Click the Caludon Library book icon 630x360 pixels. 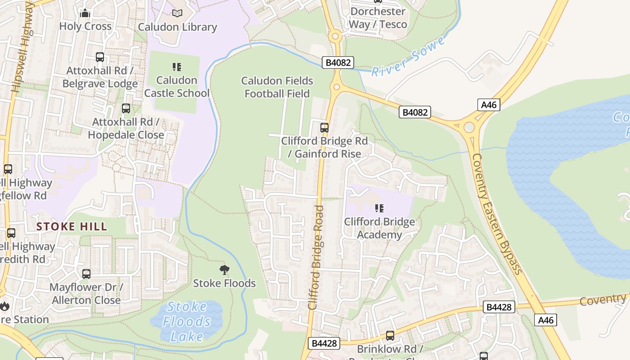pos(178,13)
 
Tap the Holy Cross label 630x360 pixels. pos(85,26)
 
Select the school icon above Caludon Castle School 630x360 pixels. pos(177,67)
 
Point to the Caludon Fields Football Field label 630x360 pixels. pos(277,87)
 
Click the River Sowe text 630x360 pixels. pos(408,57)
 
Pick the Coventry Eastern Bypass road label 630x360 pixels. pos(497,214)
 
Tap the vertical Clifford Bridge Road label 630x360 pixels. pos(316,257)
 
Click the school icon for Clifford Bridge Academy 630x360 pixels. pos(379,208)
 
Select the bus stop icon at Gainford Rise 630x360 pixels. pos(324,128)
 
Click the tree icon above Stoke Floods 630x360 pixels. pos(224,270)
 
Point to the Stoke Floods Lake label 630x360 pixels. pos(187,322)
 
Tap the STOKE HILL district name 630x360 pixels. pos(72,226)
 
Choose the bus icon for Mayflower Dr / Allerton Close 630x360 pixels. pos(86,274)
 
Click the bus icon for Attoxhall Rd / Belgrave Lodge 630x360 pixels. pos(100,57)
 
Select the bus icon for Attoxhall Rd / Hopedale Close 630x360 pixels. pos(126,108)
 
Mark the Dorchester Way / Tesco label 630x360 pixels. pos(378,18)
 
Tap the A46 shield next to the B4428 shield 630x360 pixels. pos(546,320)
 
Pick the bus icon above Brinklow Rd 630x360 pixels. pos(390,335)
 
